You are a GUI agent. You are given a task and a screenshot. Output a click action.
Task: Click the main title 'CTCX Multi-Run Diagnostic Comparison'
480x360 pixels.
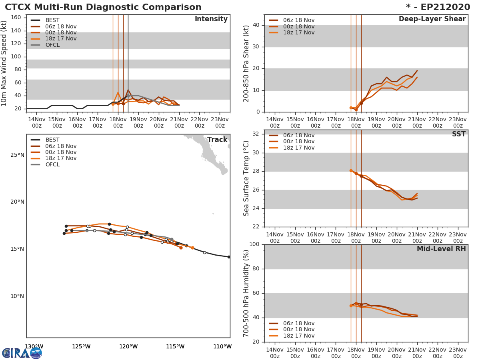click(103, 7)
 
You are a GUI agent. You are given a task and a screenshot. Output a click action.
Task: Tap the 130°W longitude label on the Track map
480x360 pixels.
click(34, 346)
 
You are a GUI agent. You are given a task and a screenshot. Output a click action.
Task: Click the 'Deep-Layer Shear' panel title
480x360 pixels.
click(432, 19)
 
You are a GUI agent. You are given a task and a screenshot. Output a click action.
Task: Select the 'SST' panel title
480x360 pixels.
click(458, 134)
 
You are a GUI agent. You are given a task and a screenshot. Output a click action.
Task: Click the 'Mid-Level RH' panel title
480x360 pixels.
click(441, 249)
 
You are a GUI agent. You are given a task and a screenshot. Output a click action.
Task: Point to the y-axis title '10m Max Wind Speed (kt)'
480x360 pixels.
click(4, 64)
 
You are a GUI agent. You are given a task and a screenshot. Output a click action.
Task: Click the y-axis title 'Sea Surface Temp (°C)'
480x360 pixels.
click(247, 178)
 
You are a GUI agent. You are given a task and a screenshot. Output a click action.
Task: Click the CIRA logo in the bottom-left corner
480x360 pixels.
click(22, 353)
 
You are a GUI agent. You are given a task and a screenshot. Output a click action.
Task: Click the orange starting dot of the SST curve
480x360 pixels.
click(351, 170)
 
